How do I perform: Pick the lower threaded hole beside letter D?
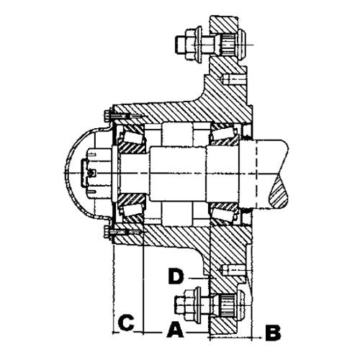click(234, 268)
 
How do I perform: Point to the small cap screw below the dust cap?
click(110, 232)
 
